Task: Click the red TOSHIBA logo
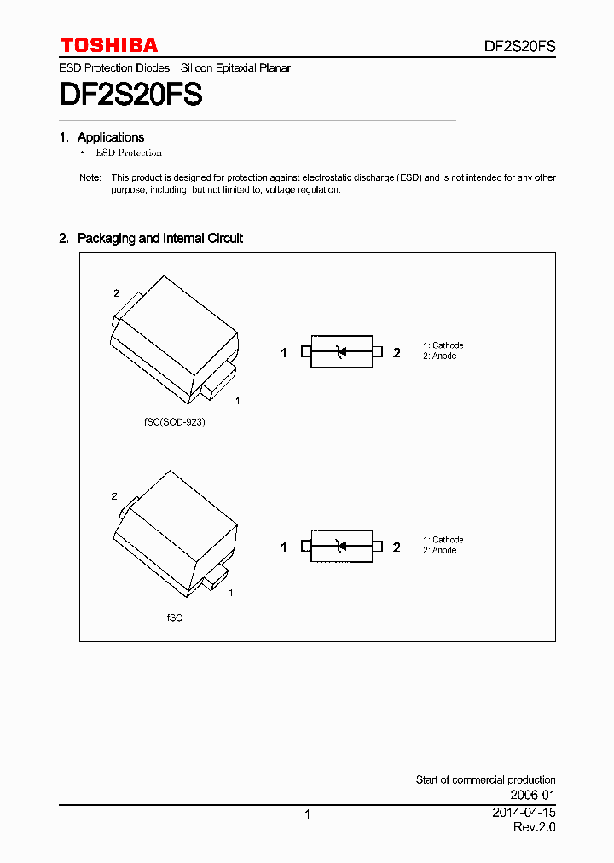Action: (108, 45)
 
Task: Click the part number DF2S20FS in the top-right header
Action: (519, 47)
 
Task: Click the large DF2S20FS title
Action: (130, 94)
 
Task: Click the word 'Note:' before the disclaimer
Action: (90, 177)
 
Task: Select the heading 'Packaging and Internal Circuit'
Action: (159, 239)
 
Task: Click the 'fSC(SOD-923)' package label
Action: (175, 422)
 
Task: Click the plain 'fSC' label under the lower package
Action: (174, 617)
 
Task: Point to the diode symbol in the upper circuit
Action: (341, 351)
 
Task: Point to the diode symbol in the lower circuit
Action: (341, 547)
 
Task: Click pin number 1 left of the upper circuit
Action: (284, 353)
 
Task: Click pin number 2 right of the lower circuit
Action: (397, 547)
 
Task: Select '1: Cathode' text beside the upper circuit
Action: (443, 345)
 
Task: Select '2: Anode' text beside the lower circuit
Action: (440, 551)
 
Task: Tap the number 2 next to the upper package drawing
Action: (117, 293)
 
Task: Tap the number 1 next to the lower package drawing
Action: (231, 592)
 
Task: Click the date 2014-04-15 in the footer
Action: (524, 813)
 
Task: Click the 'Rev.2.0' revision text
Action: (534, 827)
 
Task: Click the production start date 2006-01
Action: (534, 794)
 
